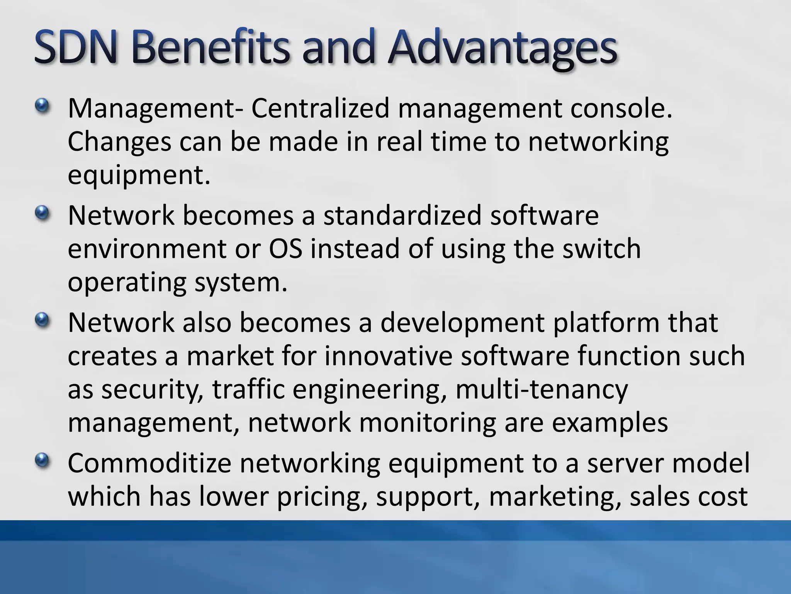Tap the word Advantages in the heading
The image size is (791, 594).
tap(502, 49)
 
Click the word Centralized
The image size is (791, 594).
tap(320, 108)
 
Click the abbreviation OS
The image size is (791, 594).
tap(285, 249)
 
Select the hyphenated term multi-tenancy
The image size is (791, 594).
tap(542, 389)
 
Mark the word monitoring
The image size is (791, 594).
tap(428, 423)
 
